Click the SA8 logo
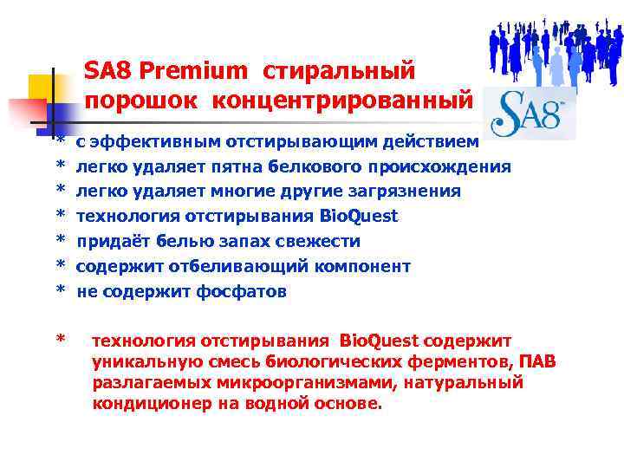[529, 113]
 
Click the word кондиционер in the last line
[151, 404]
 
